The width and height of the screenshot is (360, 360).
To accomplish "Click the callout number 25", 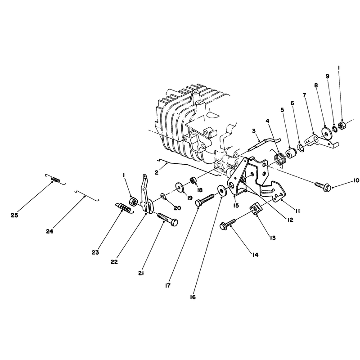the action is click(x=14, y=216).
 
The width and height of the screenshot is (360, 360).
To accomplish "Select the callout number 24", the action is click(x=49, y=231).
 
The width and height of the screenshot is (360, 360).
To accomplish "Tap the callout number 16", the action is click(x=193, y=297).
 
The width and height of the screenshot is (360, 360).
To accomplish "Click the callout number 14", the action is click(x=255, y=255).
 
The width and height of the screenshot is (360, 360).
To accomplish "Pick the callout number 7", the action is click(x=305, y=95).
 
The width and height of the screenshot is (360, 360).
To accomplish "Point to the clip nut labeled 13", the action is click(x=255, y=209).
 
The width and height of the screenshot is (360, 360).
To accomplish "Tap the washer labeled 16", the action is click(x=221, y=190).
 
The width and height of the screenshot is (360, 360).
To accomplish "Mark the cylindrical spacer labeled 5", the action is click(x=291, y=153).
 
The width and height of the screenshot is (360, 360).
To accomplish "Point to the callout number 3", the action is click(x=254, y=131).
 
